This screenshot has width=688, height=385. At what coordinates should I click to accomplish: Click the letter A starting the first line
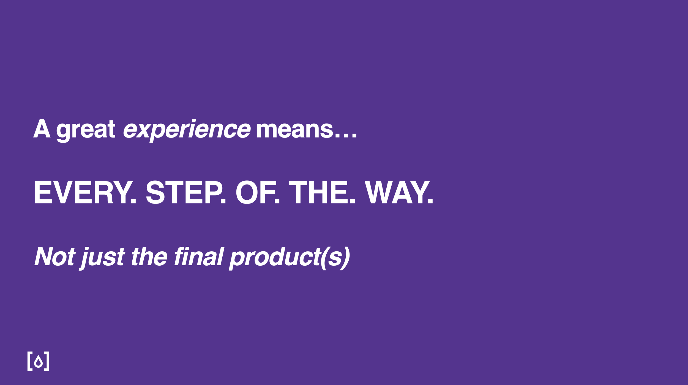point(42,128)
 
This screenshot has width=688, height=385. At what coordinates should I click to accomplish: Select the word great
point(86,131)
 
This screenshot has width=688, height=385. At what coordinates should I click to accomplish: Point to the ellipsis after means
point(346,135)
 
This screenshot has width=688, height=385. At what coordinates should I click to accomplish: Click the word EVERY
point(82,193)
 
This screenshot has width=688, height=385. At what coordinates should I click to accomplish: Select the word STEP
point(183,193)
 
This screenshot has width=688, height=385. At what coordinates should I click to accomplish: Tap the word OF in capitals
point(255,193)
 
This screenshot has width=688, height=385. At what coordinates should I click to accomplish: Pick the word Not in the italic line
point(55,256)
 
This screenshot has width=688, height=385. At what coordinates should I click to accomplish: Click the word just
point(102,258)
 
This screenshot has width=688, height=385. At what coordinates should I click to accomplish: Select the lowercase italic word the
point(149,256)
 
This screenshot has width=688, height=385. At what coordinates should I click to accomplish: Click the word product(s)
point(290,258)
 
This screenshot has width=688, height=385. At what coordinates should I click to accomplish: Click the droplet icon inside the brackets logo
point(39,361)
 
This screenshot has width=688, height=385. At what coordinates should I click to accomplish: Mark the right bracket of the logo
point(47,361)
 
